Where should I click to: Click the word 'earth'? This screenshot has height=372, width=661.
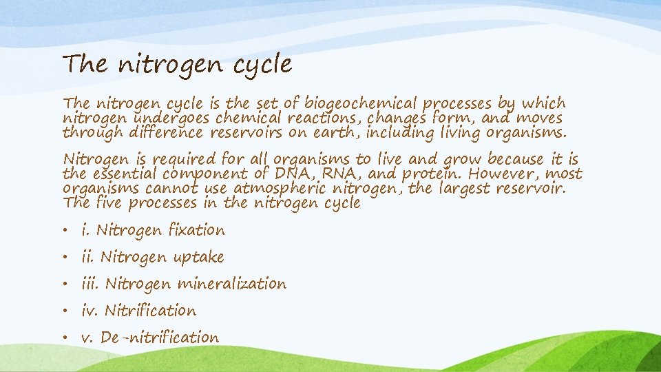334,132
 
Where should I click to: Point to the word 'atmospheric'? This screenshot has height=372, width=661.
280,189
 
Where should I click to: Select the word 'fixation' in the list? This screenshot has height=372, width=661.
197,230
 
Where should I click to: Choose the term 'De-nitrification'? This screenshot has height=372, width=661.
159,338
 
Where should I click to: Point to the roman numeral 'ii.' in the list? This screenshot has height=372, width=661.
87,257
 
